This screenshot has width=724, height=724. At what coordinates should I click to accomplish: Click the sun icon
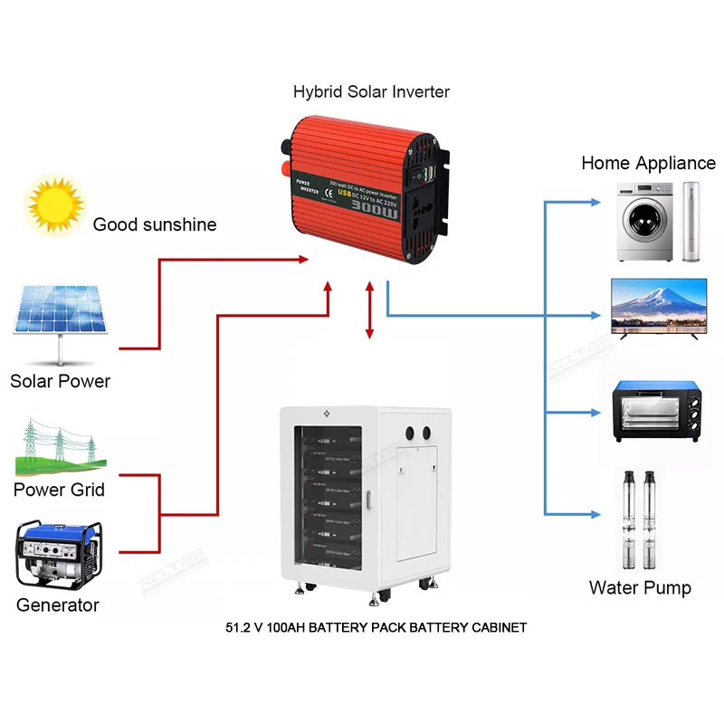[x=55, y=205]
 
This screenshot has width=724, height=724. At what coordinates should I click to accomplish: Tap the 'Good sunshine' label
[x=155, y=224]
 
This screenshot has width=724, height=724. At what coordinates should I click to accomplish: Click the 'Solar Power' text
[x=60, y=381]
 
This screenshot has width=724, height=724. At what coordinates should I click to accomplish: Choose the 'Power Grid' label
[x=60, y=490]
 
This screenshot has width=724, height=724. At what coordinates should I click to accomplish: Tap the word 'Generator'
[x=58, y=605]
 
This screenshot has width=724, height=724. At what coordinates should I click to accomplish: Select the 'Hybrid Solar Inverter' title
[x=371, y=92]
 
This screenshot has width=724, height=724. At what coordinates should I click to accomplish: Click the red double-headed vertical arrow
[x=369, y=310]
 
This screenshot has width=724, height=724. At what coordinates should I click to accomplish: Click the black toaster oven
[x=656, y=412]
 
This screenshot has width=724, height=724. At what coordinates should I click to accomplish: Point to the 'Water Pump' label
[x=640, y=587]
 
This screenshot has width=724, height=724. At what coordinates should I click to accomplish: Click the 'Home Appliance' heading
[x=648, y=163]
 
